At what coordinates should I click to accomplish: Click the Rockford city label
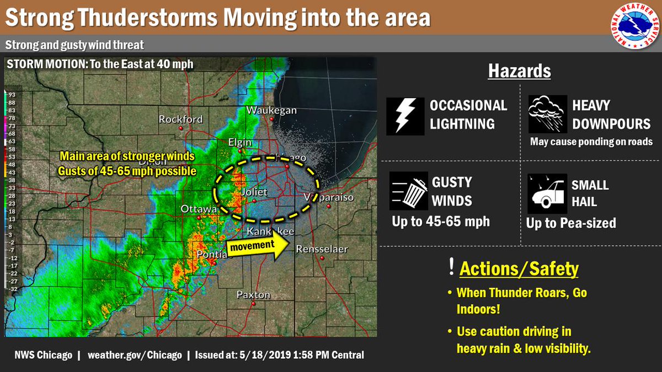[x=180, y=119]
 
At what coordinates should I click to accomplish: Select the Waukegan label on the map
[x=271, y=110]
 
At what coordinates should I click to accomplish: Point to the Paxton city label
[x=253, y=295]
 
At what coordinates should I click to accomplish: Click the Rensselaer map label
[x=322, y=249]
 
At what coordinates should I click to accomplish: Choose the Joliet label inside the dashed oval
[x=254, y=192]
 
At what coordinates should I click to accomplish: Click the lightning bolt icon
[x=405, y=116]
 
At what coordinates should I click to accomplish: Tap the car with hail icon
[x=547, y=193]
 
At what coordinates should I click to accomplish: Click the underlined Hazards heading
[x=519, y=72]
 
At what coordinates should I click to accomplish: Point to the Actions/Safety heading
[x=519, y=269]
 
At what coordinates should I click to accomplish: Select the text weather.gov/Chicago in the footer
[x=134, y=355]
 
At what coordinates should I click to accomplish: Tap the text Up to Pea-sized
[x=571, y=223]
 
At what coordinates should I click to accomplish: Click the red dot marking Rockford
[x=180, y=128]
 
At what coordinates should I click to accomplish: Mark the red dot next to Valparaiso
[x=328, y=206]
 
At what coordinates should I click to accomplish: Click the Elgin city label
[x=239, y=143]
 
